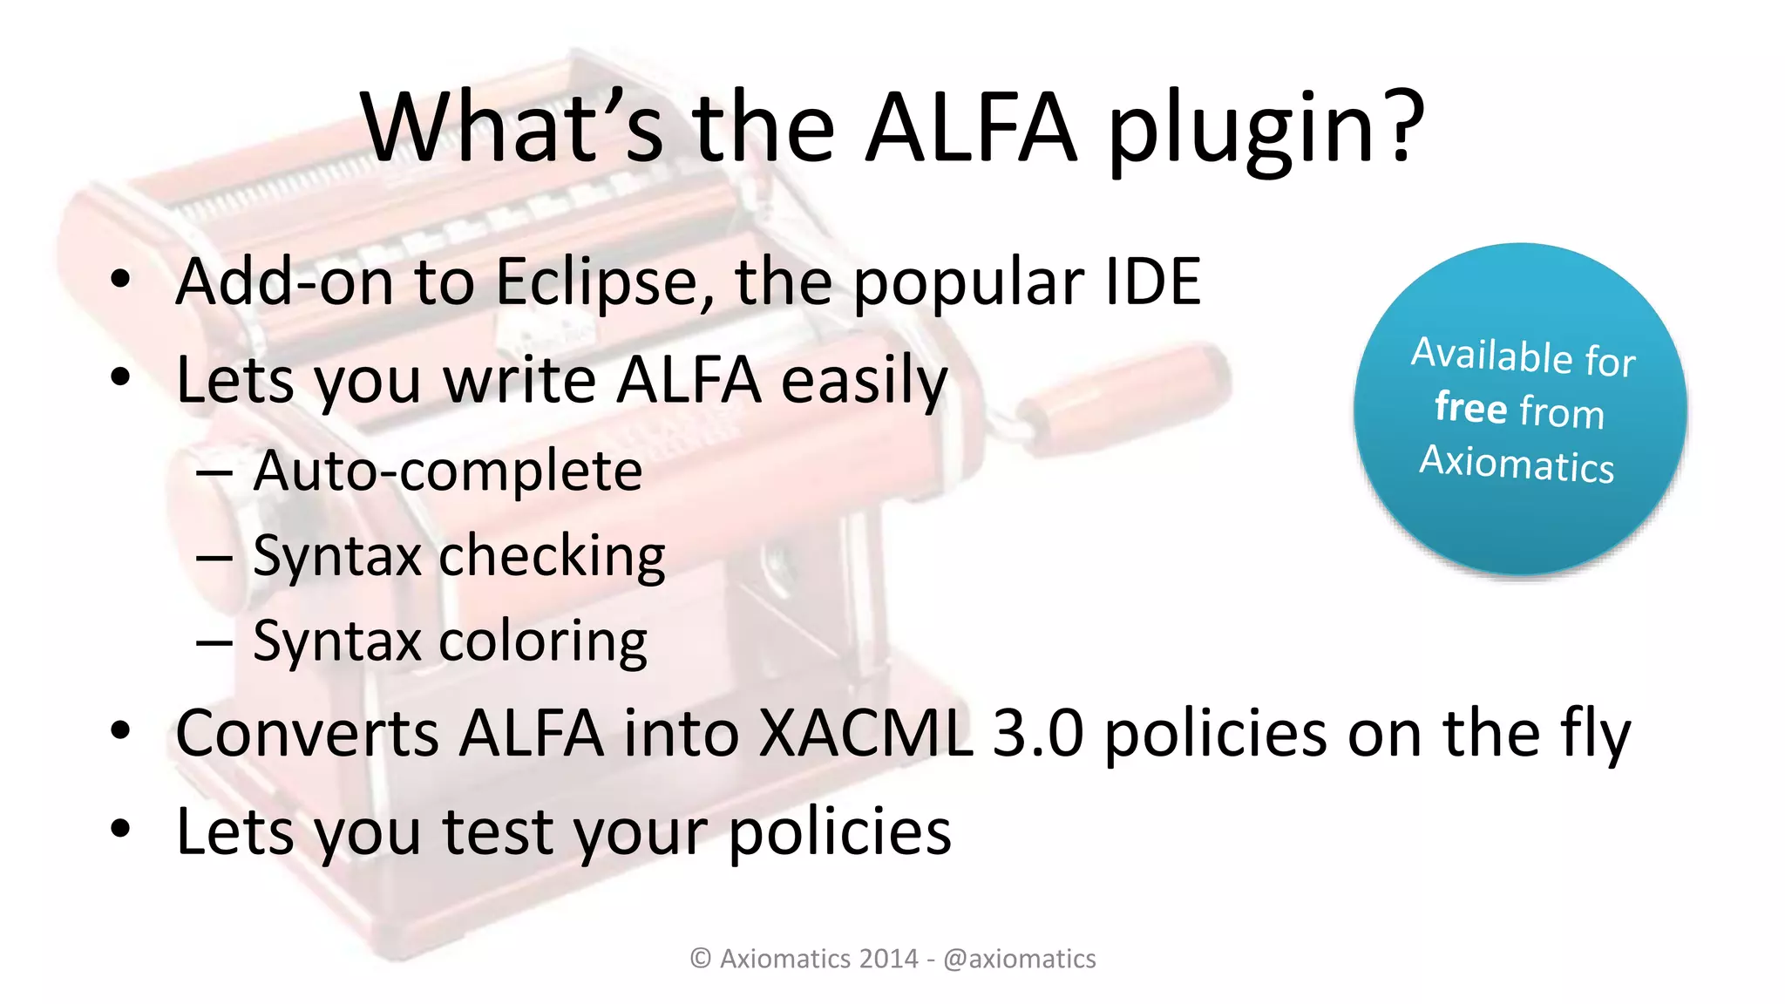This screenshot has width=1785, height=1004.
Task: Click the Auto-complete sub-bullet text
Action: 447,471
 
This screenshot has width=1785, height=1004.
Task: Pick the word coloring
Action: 542,642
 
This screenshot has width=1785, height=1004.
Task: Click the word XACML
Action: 865,733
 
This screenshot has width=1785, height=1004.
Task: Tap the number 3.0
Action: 1038,733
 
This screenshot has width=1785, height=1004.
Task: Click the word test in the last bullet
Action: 499,831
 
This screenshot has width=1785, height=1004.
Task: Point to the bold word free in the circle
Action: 1470,406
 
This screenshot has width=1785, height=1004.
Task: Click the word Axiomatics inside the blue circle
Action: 1517,463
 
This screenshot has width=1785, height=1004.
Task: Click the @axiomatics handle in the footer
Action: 1019,959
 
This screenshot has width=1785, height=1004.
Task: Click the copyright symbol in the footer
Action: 700,959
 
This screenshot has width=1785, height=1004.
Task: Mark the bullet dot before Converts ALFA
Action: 120,731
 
